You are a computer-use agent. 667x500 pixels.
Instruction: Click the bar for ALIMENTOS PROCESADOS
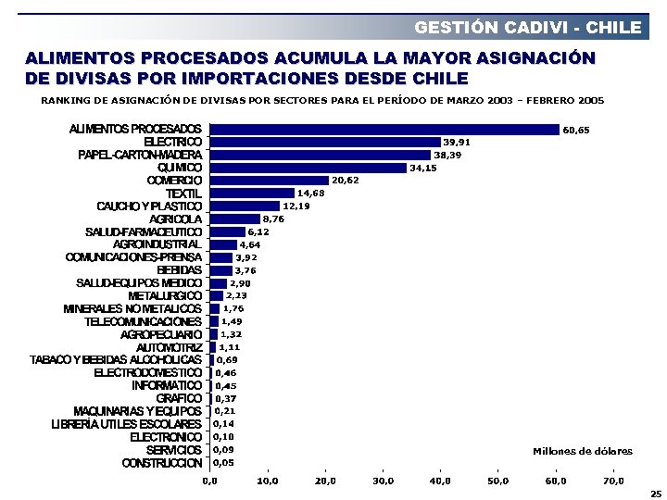coord(384,130)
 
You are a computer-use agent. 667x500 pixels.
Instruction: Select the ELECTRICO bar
coord(325,142)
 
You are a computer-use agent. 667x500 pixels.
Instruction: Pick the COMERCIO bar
coord(270,181)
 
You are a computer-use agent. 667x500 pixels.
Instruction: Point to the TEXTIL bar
coord(252,194)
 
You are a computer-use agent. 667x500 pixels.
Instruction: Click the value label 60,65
coord(576,131)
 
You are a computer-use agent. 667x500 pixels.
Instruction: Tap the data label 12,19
coord(296,206)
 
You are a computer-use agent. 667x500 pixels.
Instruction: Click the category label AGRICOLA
coord(175,219)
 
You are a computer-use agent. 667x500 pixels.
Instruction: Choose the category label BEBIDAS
coord(180,269)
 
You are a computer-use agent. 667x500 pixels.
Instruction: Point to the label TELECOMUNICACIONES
coord(143,321)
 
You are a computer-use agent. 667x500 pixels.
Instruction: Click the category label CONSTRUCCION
coord(162,462)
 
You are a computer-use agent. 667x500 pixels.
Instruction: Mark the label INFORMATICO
coord(167,385)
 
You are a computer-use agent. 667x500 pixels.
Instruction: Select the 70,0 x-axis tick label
coord(613,481)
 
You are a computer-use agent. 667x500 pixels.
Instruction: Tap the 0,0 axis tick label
coord(210,481)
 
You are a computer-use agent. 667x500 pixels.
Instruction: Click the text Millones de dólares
coord(583,451)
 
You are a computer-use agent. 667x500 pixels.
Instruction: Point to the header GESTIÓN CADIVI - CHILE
coord(527,27)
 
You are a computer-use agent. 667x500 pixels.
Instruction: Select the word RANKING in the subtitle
coord(64,100)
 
